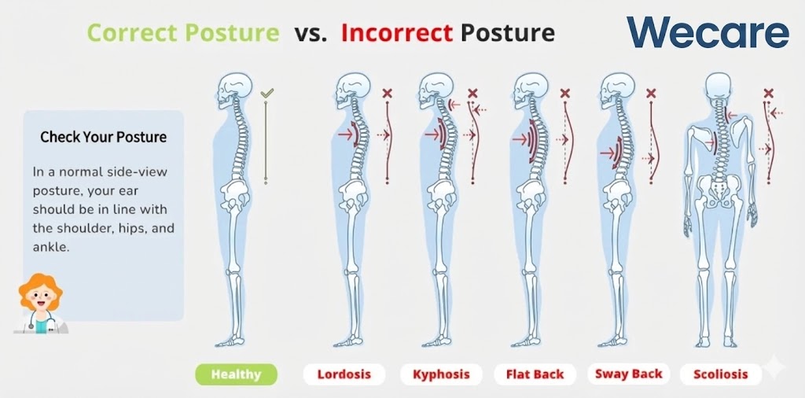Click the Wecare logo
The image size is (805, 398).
pos(708,32)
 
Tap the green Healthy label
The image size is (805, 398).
pos(236,374)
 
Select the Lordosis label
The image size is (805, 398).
pos(344,374)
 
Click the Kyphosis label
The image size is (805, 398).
pos(441,374)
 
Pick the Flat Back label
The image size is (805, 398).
pos(535,374)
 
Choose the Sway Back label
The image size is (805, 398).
pos(629,374)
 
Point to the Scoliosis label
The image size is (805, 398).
pos(721,374)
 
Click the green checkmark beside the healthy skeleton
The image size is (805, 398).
pos(266,93)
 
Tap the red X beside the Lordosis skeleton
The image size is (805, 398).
pos(387,93)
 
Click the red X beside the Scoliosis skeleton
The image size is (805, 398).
pos(768,93)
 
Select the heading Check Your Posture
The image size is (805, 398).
pos(103,137)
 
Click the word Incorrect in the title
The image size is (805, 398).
pos(397,33)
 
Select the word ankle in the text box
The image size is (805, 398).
pos(50,246)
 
